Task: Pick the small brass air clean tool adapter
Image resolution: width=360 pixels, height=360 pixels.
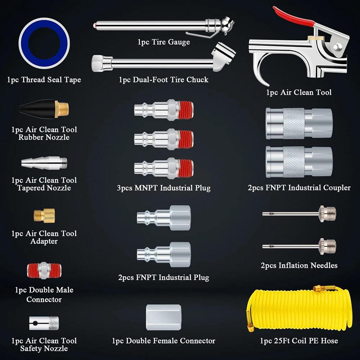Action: click(x=44, y=216)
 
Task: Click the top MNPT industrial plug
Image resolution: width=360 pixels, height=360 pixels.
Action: click(x=163, y=109)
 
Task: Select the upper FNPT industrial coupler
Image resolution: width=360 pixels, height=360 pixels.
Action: click(x=299, y=123)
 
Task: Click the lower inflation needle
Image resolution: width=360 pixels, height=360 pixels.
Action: click(x=299, y=247)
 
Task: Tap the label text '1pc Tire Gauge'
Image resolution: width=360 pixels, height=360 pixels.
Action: click(x=163, y=42)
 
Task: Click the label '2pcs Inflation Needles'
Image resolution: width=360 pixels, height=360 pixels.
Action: click(x=299, y=266)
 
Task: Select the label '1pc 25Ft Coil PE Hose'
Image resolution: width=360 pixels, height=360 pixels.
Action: click(x=299, y=340)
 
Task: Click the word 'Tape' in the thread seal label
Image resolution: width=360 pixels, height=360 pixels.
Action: click(x=72, y=80)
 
